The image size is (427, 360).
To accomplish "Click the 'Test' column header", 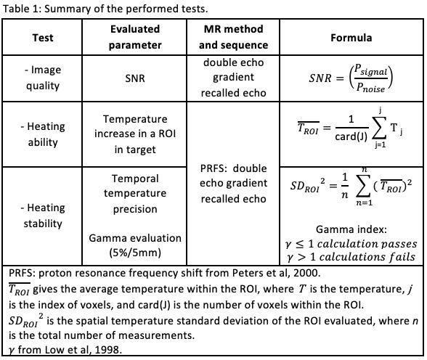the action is click(42, 38).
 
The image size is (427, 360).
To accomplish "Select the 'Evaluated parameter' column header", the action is click(135, 37).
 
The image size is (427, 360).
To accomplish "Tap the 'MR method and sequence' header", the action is click(233, 37).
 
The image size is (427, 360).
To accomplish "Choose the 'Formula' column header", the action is click(351, 38).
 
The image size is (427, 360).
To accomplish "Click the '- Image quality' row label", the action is click(42, 78).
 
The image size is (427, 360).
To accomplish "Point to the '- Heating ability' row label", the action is click(42, 134).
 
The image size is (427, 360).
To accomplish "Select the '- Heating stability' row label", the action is click(42, 216).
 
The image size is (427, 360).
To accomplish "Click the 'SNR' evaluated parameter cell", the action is click(135, 78).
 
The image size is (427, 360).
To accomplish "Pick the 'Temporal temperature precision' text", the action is click(135, 194).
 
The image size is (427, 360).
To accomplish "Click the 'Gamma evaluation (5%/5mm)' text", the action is click(135, 245).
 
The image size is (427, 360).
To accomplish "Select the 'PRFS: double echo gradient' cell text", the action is click(233, 184).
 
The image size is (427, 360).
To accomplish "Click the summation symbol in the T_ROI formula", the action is click(379, 128).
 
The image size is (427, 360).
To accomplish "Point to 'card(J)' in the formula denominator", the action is click(351, 136).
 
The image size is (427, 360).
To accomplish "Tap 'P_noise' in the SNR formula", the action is click(370, 88).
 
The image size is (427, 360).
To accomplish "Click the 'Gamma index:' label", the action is click(351, 229).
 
